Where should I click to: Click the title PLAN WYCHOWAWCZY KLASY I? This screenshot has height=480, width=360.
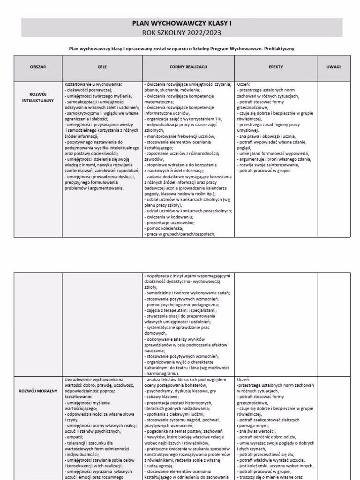pyautogui.click(x=181, y=23)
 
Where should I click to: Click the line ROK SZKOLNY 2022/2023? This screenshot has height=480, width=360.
pyautogui.click(x=181, y=32)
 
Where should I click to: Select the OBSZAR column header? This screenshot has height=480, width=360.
pyautogui.click(x=38, y=67)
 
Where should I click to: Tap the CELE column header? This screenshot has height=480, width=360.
pyautogui.click(x=102, y=67)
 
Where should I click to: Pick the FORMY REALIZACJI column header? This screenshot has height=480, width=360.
pyautogui.click(x=188, y=67)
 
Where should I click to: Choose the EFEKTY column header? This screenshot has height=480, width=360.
pyautogui.click(x=276, y=67)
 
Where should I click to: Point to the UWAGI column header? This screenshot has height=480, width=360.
pyautogui.click(x=333, y=67)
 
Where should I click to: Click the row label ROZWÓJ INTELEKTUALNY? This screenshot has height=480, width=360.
pyautogui.click(x=38, y=97)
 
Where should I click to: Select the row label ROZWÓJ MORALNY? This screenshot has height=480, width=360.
pyautogui.click(x=38, y=390)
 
